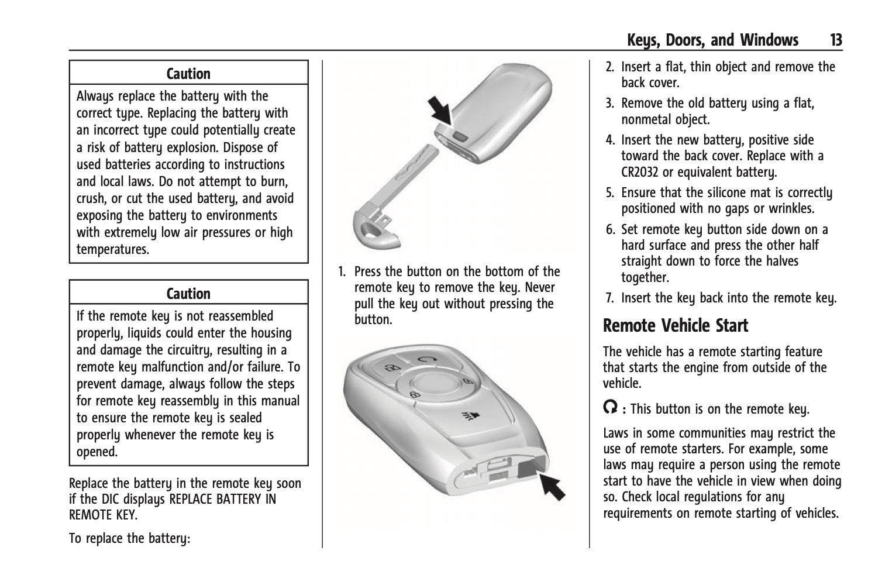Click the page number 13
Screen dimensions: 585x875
pyautogui.click(x=835, y=40)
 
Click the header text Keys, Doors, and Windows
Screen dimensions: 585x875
pyautogui.click(x=712, y=40)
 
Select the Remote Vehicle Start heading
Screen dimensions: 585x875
pyautogui.click(x=676, y=325)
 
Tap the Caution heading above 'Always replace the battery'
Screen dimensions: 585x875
pyautogui.click(x=188, y=74)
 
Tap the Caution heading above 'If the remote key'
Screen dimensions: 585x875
pyautogui.click(x=188, y=294)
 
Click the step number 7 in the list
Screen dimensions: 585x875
pyautogui.click(x=609, y=298)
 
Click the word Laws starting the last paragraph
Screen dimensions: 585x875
pyautogui.click(x=616, y=433)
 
